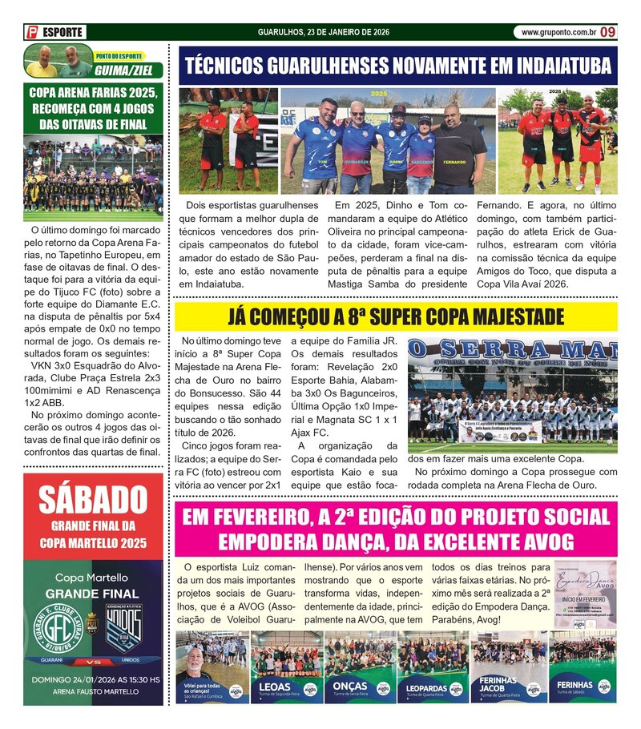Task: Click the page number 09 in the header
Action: (x=608, y=32)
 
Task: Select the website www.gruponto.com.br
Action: (x=558, y=33)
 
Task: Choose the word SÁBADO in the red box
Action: (x=93, y=501)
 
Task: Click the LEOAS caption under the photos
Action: (x=276, y=687)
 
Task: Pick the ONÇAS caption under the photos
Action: (x=350, y=687)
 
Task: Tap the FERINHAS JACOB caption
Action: (x=498, y=687)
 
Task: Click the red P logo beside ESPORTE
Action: (x=32, y=33)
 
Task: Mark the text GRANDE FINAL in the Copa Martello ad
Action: (x=93, y=594)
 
